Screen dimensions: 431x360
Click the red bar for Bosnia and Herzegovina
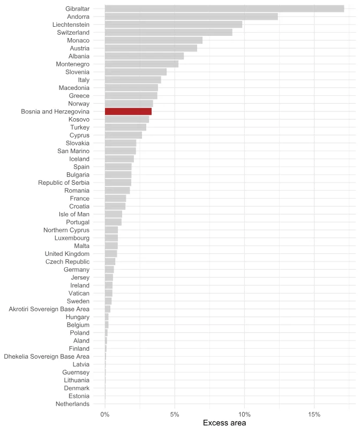point(128,111)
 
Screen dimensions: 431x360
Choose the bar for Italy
point(133,80)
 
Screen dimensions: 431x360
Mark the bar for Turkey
point(125,127)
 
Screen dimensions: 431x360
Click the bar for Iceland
point(119,159)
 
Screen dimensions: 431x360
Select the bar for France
point(115,199)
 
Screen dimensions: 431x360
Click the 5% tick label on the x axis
point(175,414)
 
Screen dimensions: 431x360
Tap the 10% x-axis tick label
point(244,414)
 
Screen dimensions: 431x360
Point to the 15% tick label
point(314,414)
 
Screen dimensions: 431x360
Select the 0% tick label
point(105,414)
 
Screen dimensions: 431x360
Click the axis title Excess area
point(224,424)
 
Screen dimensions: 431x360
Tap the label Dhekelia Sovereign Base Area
point(47,357)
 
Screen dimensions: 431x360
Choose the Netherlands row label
point(72,404)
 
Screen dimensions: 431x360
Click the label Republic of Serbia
point(64,183)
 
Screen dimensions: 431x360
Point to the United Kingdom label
point(67,254)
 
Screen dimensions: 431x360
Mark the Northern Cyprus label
point(66,230)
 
